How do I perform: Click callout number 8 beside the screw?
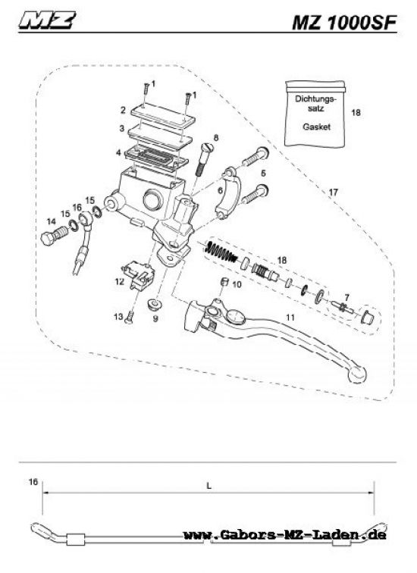point(216,137)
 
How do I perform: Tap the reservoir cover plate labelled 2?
point(162,108)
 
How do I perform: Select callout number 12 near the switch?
point(119,281)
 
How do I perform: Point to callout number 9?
point(155,319)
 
